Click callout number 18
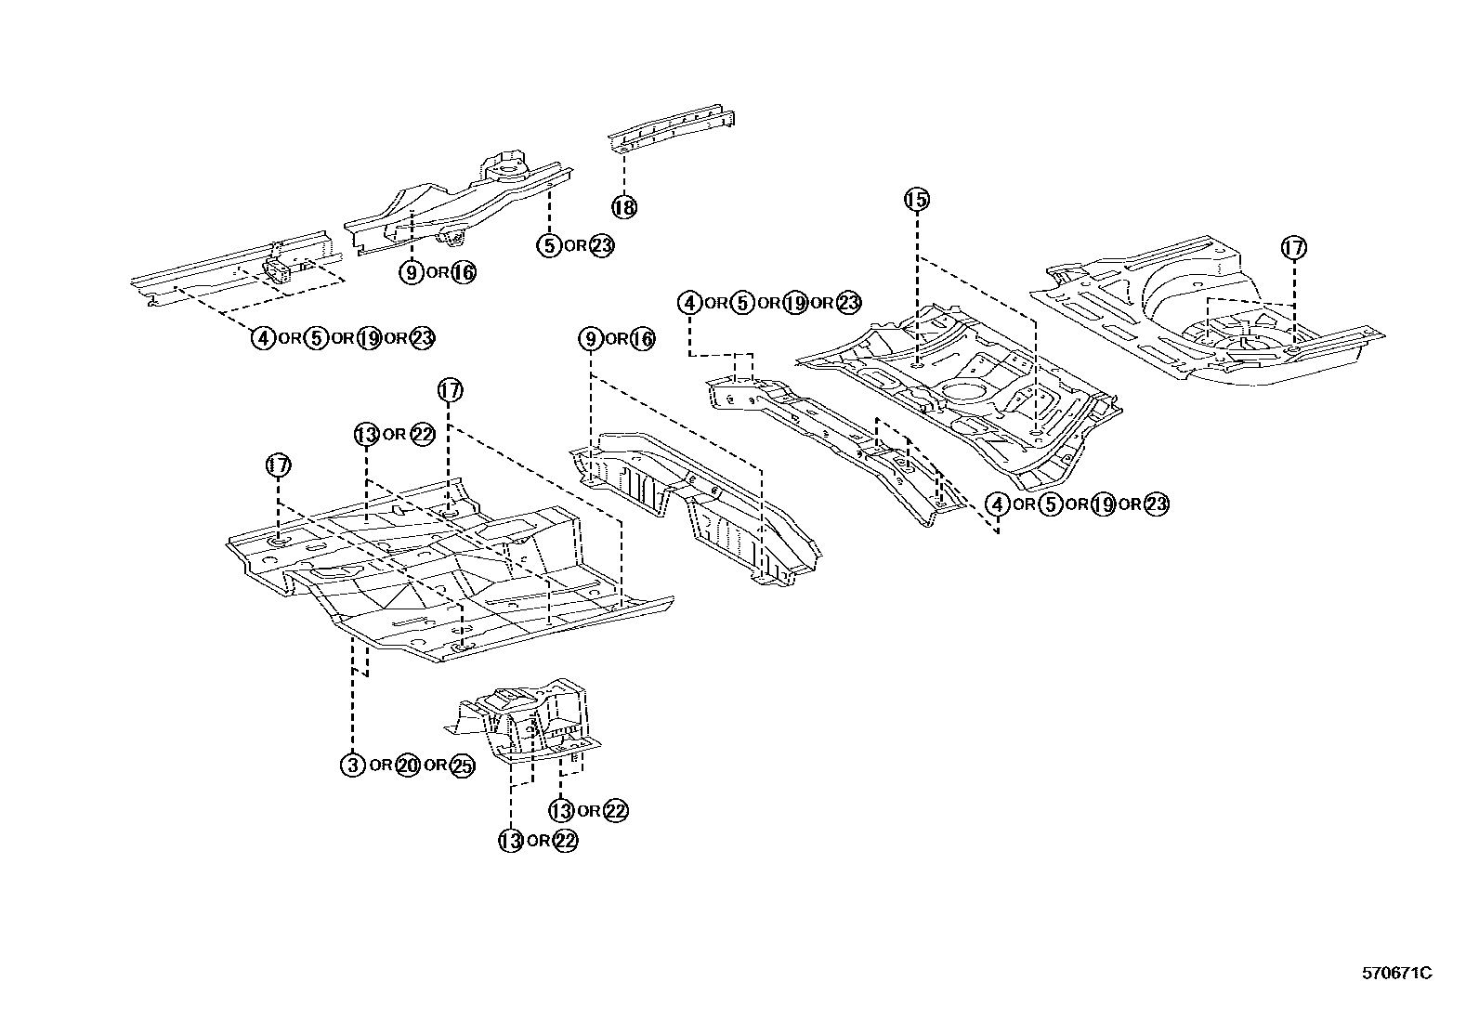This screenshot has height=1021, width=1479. tap(624, 206)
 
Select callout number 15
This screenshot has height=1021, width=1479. tap(916, 199)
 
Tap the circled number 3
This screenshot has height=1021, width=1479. tap(352, 766)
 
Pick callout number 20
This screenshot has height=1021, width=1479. tap(406, 766)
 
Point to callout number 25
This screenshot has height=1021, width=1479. tap(462, 766)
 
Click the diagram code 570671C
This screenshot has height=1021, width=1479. tap(1396, 974)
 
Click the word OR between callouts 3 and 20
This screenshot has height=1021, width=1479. tap(379, 766)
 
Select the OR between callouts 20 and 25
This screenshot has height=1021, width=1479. tap(435, 766)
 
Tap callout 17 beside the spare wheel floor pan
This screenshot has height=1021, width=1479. tap(1293, 248)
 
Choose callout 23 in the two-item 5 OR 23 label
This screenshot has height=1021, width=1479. tap(602, 245)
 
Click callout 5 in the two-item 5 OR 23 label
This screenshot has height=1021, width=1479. tap(549, 245)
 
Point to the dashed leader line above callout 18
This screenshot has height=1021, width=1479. tap(624, 172)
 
